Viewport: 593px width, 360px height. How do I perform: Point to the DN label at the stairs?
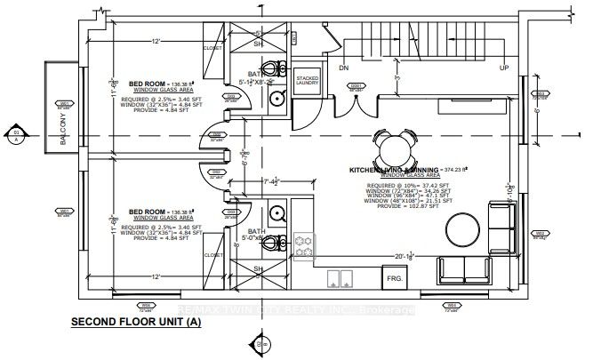344,68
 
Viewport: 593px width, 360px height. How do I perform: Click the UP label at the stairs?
504,68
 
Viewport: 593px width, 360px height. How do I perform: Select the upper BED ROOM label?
147,82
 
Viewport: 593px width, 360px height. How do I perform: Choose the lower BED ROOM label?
147,212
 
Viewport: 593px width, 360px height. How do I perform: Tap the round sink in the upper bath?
276,98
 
